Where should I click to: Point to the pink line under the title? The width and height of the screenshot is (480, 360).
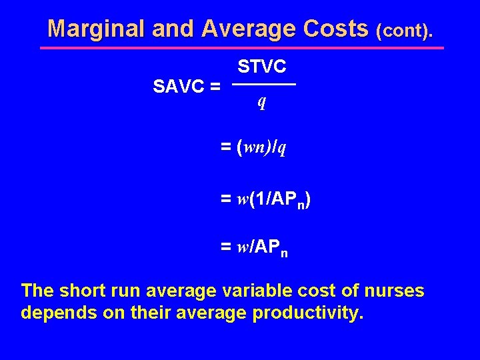tap(241, 48)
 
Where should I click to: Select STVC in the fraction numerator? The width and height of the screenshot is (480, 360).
tap(262, 66)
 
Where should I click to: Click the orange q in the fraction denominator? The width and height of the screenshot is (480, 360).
tap(263, 101)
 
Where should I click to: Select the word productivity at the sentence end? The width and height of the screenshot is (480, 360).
tap(308, 313)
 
